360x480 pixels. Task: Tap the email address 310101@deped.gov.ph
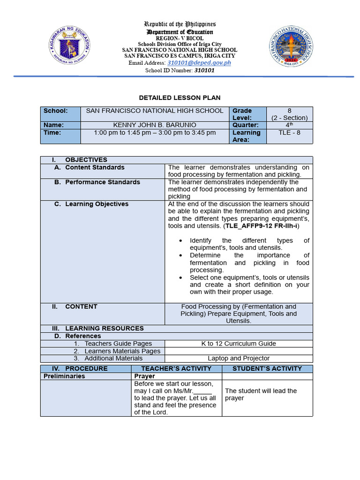(x=199, y=63)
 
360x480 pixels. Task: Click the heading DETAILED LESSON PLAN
(x=180, y=97)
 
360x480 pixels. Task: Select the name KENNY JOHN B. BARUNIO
(x=155, y=125)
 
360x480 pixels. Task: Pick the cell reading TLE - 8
(x=289, y=133)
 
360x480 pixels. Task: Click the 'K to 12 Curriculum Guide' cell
(x=239, y=344)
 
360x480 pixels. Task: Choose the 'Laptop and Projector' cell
(x=239, y=358)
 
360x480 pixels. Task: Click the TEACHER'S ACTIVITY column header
(x=176, y=368)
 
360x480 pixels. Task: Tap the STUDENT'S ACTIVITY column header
(x=267, y=368)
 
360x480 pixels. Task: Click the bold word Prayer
(x=144, y=376)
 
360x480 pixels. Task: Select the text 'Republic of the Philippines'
(x=180, y=24)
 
